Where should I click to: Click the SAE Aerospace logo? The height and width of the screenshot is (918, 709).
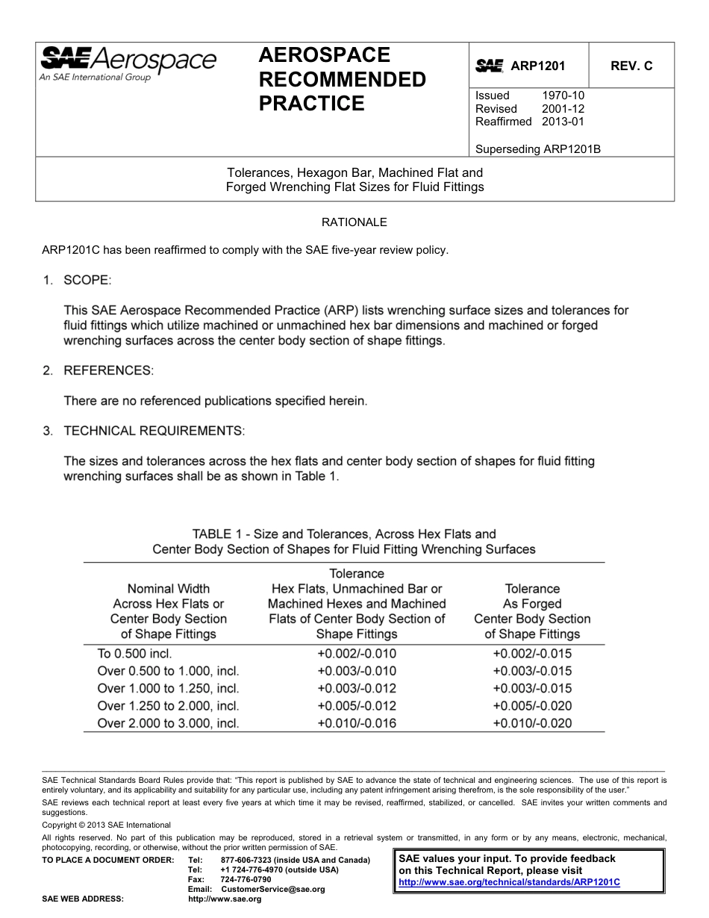coord(128,63)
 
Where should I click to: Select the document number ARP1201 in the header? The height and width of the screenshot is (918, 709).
coord(537,66)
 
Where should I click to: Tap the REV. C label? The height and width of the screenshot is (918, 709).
coord(631,66)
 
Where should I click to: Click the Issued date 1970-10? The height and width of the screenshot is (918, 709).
coord(563,96)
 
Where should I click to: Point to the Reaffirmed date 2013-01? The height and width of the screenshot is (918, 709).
coord(563,121)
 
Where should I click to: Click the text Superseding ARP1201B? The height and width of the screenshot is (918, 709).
coord(538,149)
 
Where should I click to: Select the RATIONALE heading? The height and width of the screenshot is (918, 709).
coord(354,222)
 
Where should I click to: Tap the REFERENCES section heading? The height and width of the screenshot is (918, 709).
coord(108,370)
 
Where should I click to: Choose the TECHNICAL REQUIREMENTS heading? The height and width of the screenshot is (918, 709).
coord(154,431)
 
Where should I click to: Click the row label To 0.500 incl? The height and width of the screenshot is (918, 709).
coord(135,653)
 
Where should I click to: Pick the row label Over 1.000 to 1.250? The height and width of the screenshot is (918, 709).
coord(169,688)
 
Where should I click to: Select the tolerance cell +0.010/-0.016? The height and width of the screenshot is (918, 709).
coord(357,722)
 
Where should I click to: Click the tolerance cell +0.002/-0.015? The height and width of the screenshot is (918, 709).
coord(532,653)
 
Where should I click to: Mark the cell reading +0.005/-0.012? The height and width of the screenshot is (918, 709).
coord(357,705)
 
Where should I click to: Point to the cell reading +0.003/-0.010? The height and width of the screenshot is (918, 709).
coord(357,671)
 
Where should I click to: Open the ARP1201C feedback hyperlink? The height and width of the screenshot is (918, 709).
coord(510,882)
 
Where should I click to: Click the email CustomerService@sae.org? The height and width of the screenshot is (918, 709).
coord(273,890)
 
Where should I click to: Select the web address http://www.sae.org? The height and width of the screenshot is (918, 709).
coord(225,899)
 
